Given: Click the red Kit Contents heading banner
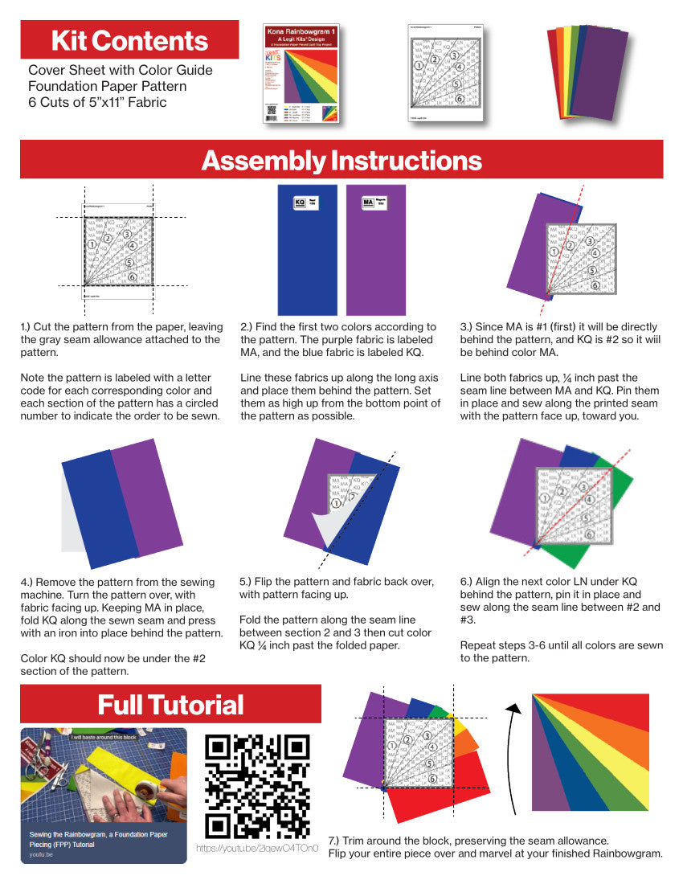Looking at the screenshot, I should (x=129, y=40).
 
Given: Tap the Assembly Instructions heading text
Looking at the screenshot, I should (x=341, y=161).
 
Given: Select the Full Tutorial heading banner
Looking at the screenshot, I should (x=170, y=705).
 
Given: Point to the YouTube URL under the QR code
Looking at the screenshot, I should (x=257, y=849).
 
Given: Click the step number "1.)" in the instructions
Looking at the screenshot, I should (x=29, y=328).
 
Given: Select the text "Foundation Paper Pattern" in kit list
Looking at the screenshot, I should (x=107, y=86).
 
